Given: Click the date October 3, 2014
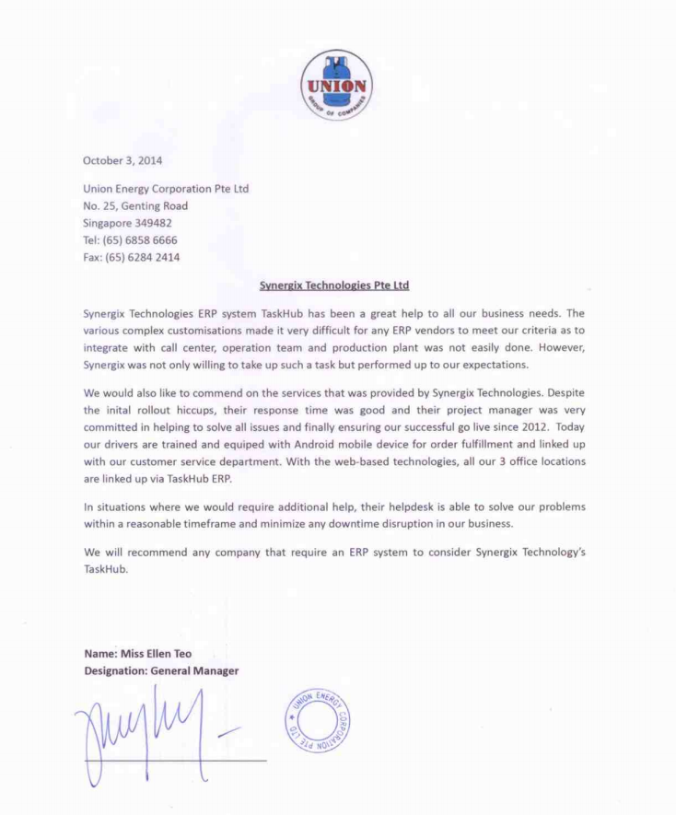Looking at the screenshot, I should (x=122, y=160).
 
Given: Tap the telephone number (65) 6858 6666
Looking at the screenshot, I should (x=142, y=240).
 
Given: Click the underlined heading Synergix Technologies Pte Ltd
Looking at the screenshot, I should (x=334, y=285).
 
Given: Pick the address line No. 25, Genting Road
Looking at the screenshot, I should (x=135, y=206).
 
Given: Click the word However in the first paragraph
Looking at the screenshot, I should (x=559, y=347).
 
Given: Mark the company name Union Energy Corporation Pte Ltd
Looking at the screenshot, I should (x=166, y=189).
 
